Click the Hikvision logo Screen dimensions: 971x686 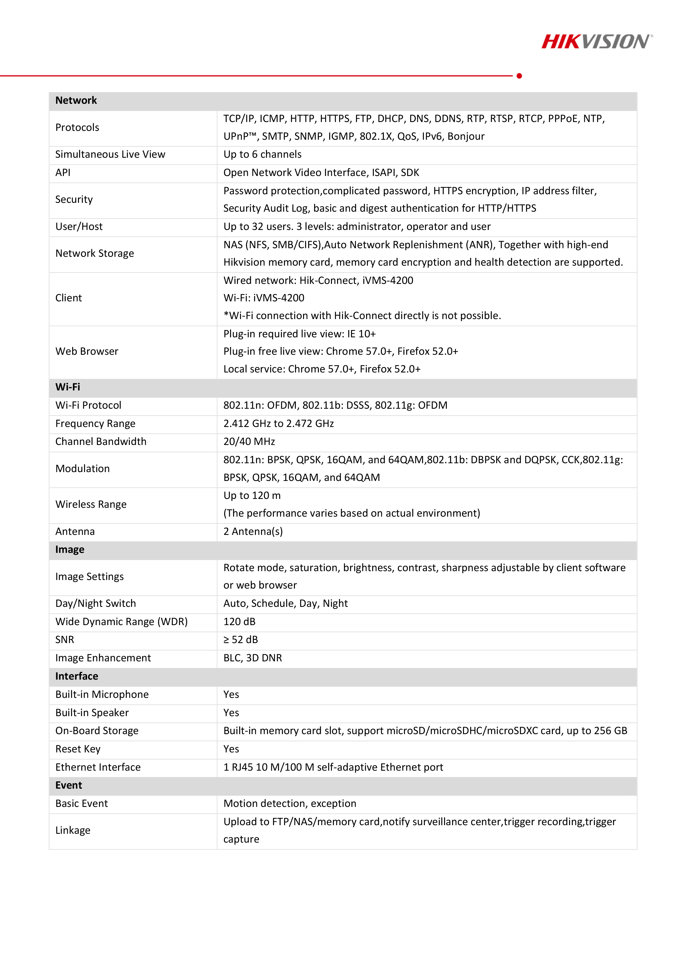click(596, 42)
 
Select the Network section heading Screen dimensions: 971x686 click(76, 100)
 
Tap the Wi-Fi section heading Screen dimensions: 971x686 click(68, 387)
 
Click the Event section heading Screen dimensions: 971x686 click(69, 785)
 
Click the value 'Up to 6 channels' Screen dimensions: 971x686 click(262, 154)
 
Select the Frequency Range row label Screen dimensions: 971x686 click(95, 423)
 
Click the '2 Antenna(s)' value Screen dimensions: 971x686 click(253, 532)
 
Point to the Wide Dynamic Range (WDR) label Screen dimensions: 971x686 click(121, 622)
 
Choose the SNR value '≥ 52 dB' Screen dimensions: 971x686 click(241, 639)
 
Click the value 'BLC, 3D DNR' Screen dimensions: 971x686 click(252, 658)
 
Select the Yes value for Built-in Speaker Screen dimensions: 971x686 click(231, 713)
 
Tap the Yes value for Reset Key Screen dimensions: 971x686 click(231, 749)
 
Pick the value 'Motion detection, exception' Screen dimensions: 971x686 click(289, 804)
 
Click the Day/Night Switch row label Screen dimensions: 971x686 click(95, 604)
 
